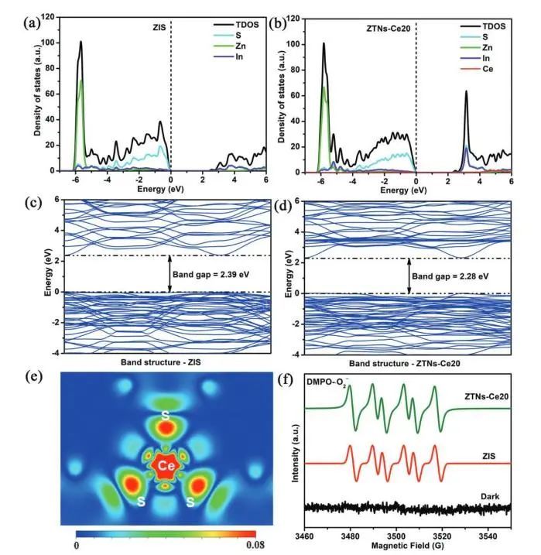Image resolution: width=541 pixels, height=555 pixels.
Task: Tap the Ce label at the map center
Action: [x=164, y=467]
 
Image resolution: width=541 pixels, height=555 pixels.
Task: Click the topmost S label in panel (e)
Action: [x=164, y=416]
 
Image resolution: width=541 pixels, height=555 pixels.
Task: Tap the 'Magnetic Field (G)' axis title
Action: [x=408, y=540]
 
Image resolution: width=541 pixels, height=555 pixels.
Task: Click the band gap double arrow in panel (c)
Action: [x=169, y=275]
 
